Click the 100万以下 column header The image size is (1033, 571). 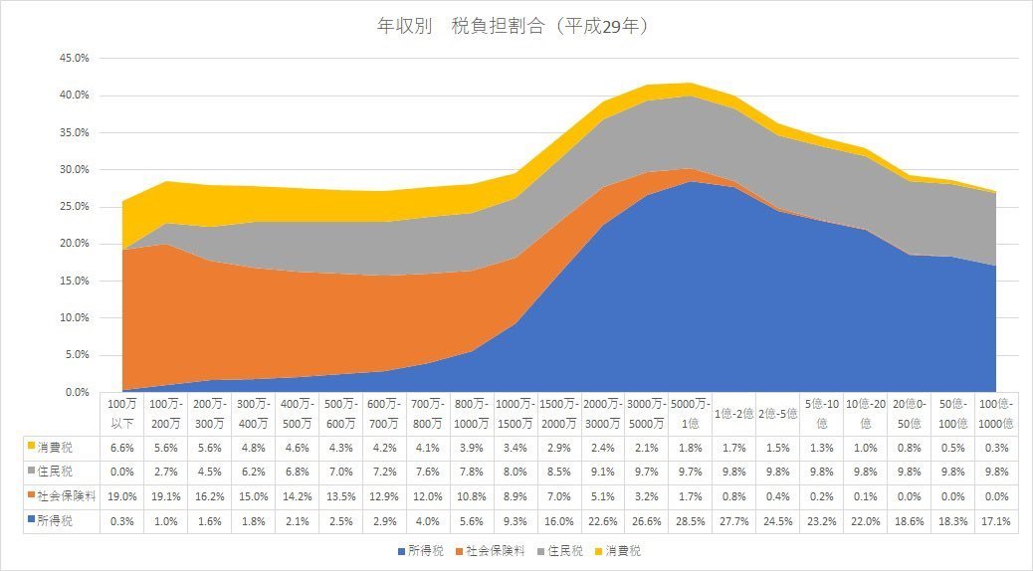tap(123, 412)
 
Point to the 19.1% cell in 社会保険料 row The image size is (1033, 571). tap(166, 494)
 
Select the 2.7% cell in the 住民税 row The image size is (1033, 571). tap(166, 470)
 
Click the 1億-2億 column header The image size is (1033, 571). tap(734, 412)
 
